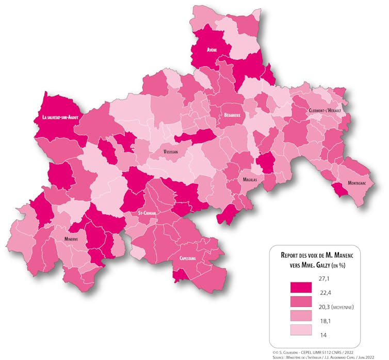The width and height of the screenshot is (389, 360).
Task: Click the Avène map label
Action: pyautogui.click(x=212, y=50)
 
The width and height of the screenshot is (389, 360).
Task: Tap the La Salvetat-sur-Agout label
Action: pyautogui.click(x=60, y=118)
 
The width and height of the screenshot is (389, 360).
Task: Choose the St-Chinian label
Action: pyautogui.click(x=147, y=213)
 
